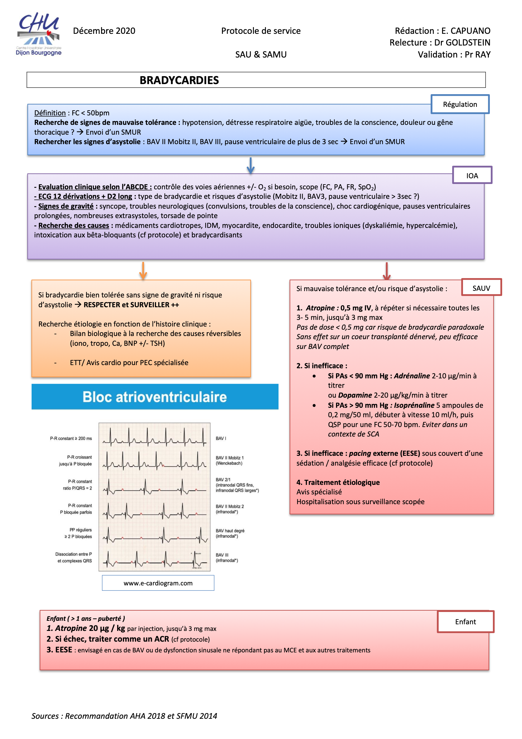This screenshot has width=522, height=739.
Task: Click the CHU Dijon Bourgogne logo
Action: coord(39,34)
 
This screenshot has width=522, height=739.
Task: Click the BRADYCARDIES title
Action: coord(179,80)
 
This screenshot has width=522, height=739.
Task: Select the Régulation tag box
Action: coord(459,104)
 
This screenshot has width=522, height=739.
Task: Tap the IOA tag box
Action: coord(472,175)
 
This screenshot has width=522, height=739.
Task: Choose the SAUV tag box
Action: coord(481,288)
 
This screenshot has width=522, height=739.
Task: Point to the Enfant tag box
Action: coord(465,621)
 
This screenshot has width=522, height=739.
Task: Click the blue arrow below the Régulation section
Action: coord(250,165)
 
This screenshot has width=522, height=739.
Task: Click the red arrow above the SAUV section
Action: coord(386,271)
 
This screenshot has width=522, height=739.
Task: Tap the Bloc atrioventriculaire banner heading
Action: coord(155,397)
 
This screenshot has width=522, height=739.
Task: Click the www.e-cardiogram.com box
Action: coord(158,583)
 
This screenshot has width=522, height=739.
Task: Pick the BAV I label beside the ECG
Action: coord(221,438)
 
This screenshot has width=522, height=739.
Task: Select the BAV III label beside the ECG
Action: coord(222,555)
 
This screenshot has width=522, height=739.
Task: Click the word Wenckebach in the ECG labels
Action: coord(229,463)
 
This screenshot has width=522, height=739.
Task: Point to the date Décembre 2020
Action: coord(104,31)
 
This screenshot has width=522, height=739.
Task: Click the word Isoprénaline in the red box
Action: coord(414,405)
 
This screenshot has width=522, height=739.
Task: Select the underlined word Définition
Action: coord(50,113)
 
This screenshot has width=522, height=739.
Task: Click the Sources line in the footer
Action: coord(124,716)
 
